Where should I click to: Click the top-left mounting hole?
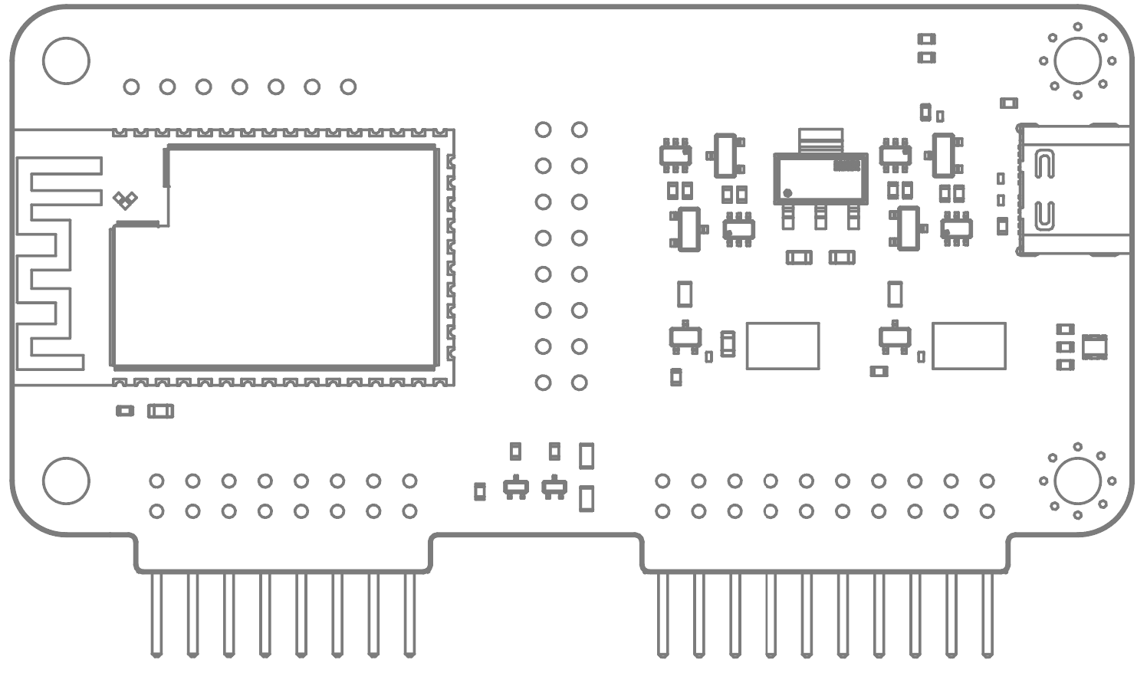point(66,61)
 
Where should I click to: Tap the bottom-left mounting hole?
point(66,481)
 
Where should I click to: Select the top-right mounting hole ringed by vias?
point(1077,61)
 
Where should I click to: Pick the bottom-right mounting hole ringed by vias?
point(1077,481)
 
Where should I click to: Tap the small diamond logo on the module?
point(125,200)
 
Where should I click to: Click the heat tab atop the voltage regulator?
point(820,140)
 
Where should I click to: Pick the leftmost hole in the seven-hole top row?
point(131,87)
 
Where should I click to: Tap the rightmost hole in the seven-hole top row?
point(348,87)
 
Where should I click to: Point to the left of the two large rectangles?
point(783,346)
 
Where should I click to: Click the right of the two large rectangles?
point(968,346)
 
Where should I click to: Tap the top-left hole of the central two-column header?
point(543,130)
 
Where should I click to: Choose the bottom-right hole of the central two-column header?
point(580,382)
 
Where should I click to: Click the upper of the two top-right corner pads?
point(927,39)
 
